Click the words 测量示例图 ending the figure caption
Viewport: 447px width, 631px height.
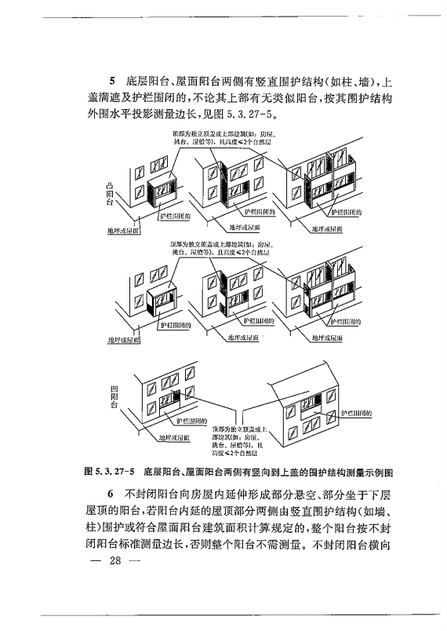[x=365, y=472]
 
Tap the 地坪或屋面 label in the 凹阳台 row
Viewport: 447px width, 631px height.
[x=174, y=437]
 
